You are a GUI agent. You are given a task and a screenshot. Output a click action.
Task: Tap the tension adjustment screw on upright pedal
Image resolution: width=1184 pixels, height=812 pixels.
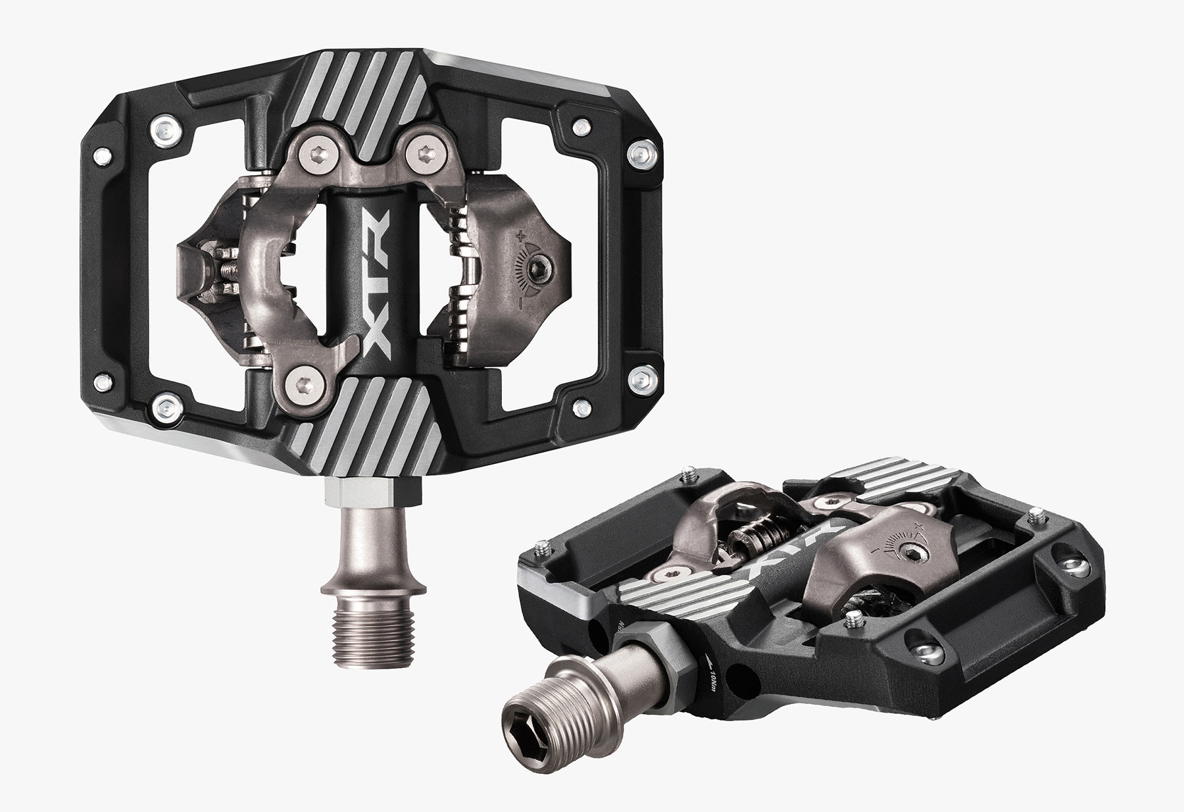point(535,266)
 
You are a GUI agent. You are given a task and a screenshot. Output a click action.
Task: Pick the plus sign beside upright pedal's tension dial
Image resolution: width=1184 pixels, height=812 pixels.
point(522,235)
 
